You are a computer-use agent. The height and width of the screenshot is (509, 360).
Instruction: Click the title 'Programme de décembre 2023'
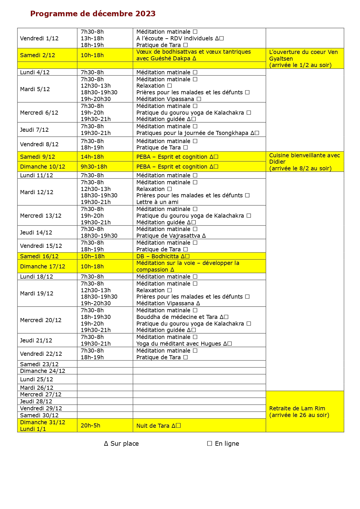[93, 14]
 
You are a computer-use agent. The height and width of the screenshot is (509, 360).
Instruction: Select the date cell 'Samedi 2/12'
[37, 55]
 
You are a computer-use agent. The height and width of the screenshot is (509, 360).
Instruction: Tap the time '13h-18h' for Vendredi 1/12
[92, 38]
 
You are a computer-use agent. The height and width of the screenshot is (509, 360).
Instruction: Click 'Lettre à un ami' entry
[157, 202]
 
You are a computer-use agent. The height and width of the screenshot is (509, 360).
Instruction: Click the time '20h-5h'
[91, 425]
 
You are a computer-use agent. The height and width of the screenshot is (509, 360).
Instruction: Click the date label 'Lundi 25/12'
[37, 379]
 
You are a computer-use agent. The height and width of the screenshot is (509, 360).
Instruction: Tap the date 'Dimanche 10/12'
[43, 167]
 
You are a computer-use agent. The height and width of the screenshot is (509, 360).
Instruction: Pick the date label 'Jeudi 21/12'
[36, 340]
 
